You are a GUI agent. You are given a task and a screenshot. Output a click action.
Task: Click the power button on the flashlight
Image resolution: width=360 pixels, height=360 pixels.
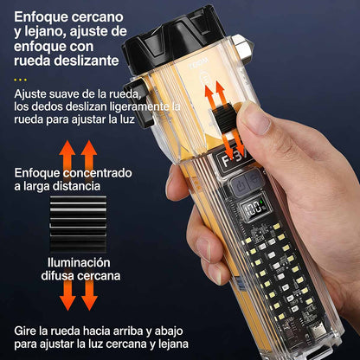[241, 187]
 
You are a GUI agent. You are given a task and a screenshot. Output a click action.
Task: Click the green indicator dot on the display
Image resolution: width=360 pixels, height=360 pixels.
[260, 202]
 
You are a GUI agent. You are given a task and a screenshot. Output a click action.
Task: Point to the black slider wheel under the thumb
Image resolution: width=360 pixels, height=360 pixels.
[226, 118]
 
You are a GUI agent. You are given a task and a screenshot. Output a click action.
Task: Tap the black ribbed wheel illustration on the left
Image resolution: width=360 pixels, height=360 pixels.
[78, 224]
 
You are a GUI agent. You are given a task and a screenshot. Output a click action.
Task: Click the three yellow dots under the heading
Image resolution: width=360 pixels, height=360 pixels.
[21, 80]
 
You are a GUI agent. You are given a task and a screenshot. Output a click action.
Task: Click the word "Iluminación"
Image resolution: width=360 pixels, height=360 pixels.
[79, 262]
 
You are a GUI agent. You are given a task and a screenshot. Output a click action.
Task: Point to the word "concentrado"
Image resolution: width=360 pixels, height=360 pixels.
[98, 173]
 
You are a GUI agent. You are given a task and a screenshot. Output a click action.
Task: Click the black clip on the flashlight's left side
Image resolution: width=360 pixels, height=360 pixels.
[137, 103]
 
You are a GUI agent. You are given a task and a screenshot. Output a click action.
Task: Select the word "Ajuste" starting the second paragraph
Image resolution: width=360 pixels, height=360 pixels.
[30, 94]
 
